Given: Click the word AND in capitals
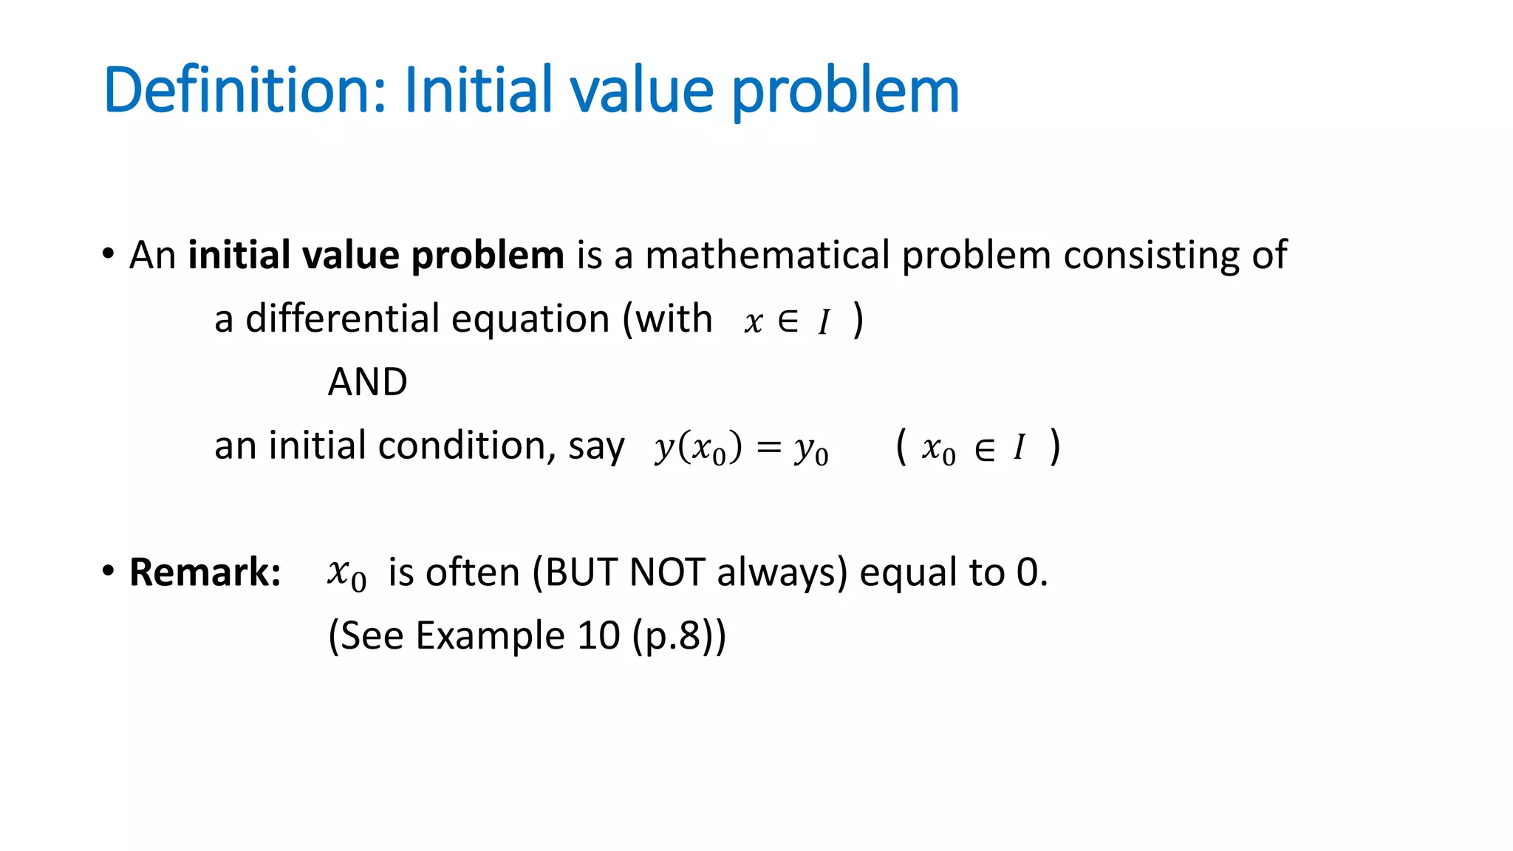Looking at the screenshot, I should [367, 382].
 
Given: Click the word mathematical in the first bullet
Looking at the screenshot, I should [767, 256].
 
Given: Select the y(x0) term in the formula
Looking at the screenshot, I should [697, 448].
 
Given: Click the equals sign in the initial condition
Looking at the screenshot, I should [768, 447].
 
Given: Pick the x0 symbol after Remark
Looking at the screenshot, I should [346, 574].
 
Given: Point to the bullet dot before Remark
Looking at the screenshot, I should [109, 571].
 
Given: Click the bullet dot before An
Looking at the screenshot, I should [109, 254].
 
